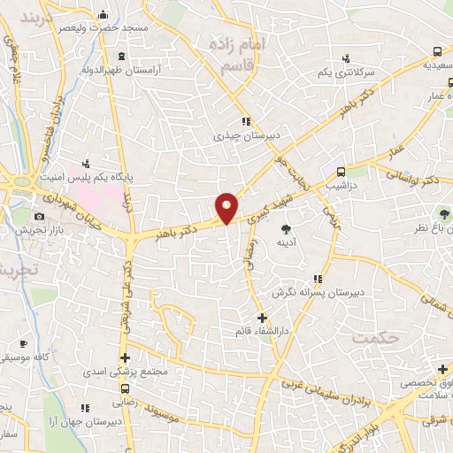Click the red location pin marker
227,207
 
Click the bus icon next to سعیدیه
437,51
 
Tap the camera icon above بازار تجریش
39,217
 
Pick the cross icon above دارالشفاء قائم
261,317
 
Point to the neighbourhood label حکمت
371,338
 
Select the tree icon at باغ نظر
439,213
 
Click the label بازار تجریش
36,229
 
